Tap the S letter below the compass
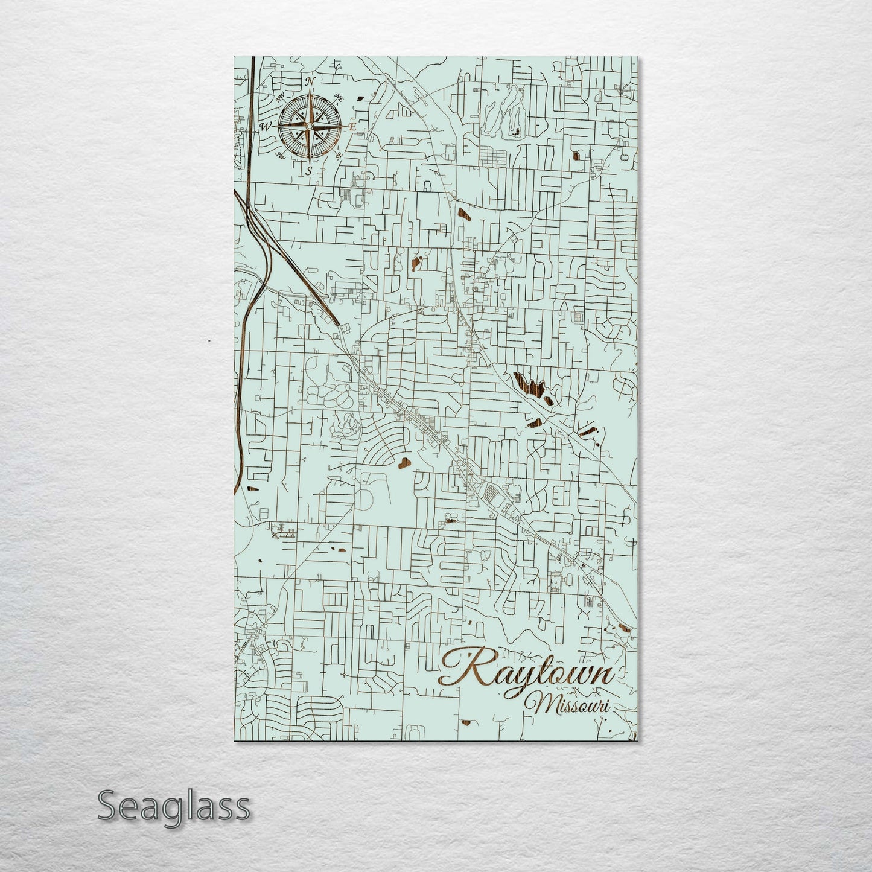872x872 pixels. (x=309, y=171)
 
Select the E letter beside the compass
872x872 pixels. (x=353, y=127)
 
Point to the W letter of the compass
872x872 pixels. (x=264, y=127)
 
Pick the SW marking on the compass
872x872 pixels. (x=279, y=156)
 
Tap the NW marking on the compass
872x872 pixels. (x=279, y=98)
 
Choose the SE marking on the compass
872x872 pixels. (x=339, y=155)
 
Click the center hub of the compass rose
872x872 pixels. (x=309, y=126)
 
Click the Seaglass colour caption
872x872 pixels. (x=174, y=806)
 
